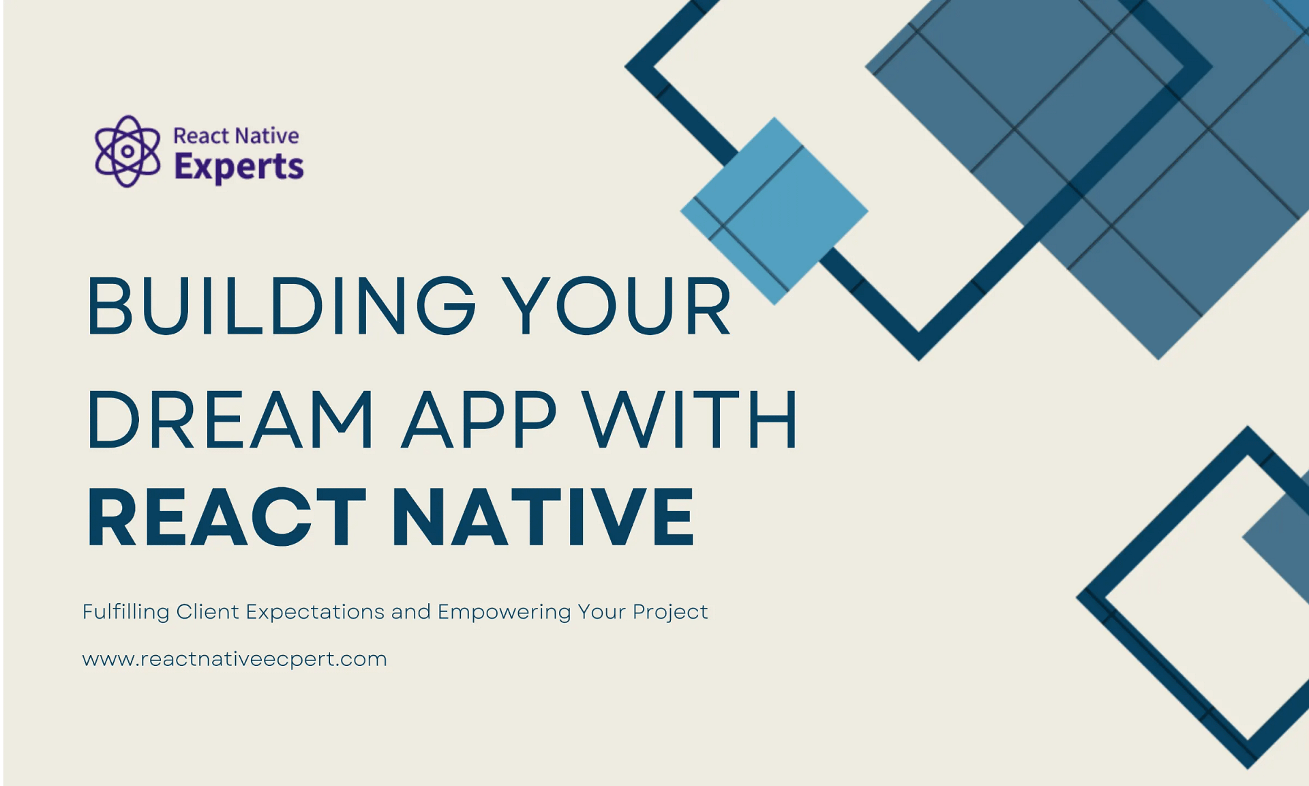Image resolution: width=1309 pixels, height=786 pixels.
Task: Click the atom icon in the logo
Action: (127, 151)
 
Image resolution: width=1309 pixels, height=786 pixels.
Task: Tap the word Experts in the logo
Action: (239, 167)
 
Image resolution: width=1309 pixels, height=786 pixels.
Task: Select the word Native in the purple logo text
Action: (267, 136)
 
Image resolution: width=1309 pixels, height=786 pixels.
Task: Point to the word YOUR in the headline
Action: (617, 306)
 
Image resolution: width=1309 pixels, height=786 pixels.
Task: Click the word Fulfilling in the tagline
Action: (125, 612)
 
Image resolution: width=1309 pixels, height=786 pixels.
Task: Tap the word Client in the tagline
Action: (207, 611)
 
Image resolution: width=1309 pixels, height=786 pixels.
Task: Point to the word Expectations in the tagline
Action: (315, 612)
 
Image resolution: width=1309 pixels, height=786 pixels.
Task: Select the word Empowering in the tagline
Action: (504, 612)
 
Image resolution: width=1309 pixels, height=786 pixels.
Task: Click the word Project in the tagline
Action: (670, 612)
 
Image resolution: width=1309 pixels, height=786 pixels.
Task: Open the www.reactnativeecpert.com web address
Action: (235, 659)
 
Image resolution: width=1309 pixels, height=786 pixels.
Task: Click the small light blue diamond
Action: (774, 211)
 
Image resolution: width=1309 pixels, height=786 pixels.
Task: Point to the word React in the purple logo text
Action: (200, 136)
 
